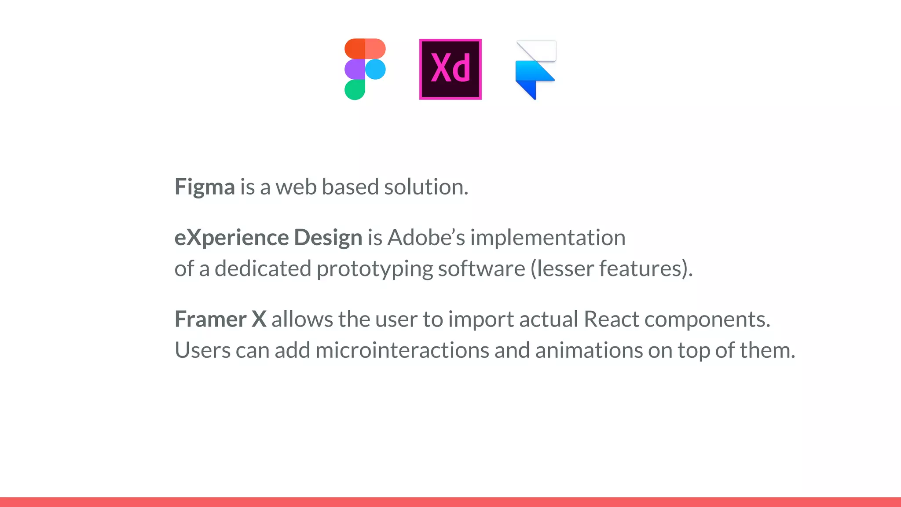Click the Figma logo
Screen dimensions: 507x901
(x=365, y=69)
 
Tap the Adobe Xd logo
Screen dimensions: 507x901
(x=450, y=69)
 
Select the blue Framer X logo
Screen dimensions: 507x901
(x=535, y=70)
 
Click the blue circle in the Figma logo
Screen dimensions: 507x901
(x=375, y=69)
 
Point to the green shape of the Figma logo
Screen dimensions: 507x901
(x=355, y=90)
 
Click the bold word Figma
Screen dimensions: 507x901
(x=205, y=187)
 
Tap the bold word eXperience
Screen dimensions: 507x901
(x=231, y=238)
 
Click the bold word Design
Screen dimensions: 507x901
(x=328, y=238)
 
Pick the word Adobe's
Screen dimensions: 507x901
(x=426, y=238)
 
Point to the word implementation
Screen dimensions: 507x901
(x=548, y=238)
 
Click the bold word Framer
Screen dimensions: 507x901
(x=210, y=319)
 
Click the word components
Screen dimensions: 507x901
(x=707, y=320)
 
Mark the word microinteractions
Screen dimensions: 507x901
(x=402, y=350)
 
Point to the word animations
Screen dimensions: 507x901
(x=589, y=350)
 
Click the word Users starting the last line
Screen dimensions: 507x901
(x=202, y=350)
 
